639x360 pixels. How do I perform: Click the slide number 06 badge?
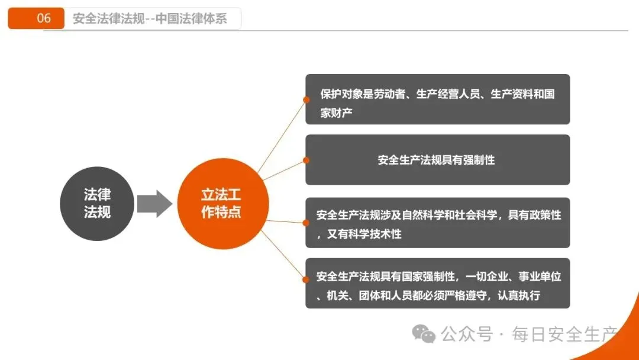[36, 18]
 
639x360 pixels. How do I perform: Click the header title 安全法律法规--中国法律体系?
[150, 18]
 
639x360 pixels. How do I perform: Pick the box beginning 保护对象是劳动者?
[437, 99]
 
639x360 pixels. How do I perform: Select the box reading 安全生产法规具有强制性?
[437, 160]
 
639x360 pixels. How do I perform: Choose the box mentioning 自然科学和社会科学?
[437, 223]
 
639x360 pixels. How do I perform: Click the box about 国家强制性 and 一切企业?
[437, 283]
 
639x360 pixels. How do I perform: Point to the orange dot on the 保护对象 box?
[306, 99]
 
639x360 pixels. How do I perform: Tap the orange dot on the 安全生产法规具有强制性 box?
[306, 160]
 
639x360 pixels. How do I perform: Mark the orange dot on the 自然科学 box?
[306, 223]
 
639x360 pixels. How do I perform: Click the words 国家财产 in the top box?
[336, 112]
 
